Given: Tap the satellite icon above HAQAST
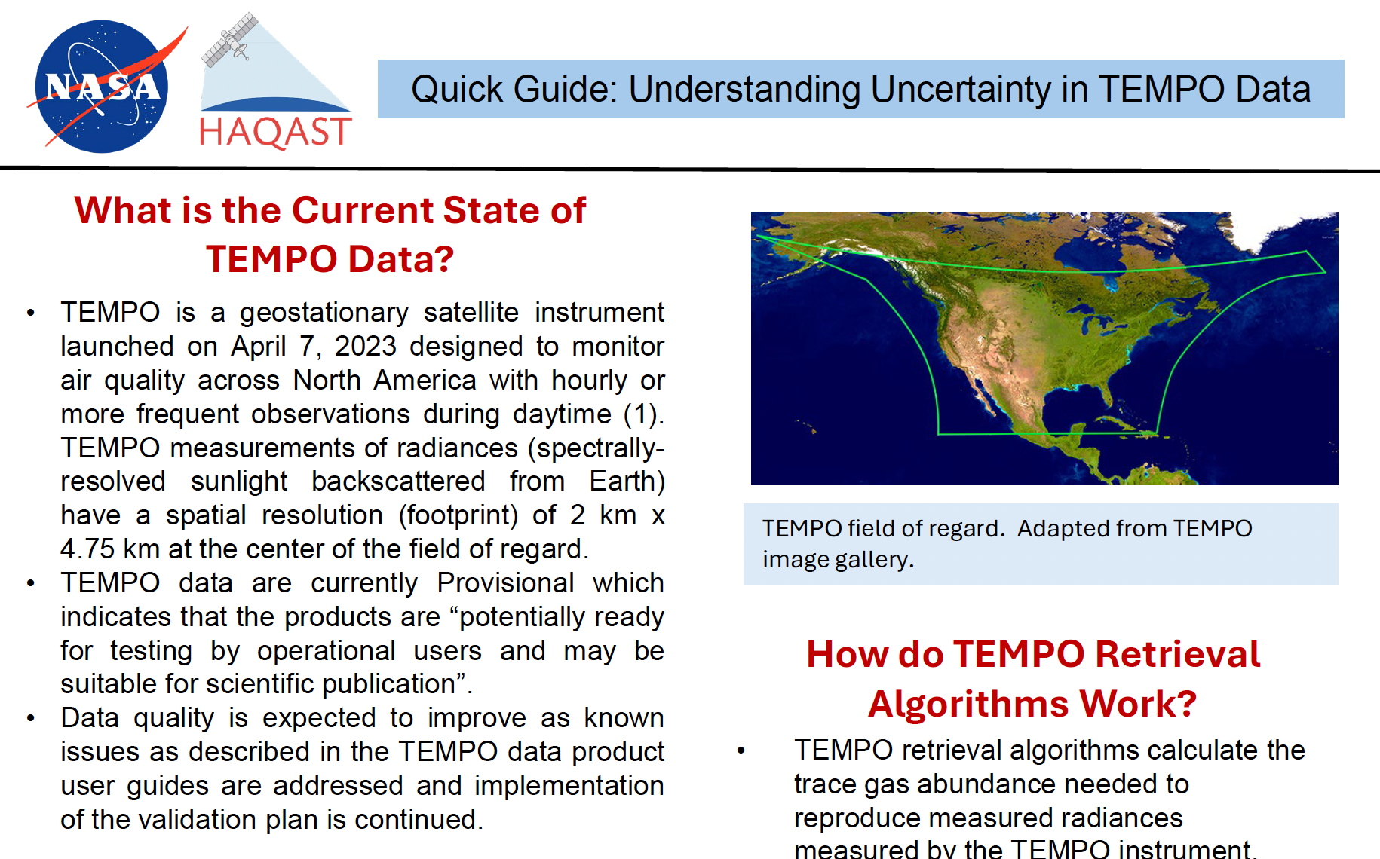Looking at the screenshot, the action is pyautogui.click(x=230, y=39).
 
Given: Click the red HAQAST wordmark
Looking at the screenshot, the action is pyautogui.click(x=275, y=132).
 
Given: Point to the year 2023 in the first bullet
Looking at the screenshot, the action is pyautogui.click(x=365, y=346).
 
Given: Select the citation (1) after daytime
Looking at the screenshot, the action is pyautogui.click(x=643, y=414).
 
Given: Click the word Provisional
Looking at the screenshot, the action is pyautogui.click(x=505, y=583).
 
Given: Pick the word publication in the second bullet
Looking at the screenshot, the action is pyautogui.click(x=388, y=684).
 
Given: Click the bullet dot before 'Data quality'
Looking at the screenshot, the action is pyautogui.click(x=30, y=719).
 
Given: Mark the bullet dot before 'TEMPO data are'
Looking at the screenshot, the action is pyautogui.click(x=30, y=583).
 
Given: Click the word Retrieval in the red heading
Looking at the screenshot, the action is pyautogui.click(x=1177, y=654).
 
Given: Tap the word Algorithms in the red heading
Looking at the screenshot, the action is pyautogui.click(x=968, y=704).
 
